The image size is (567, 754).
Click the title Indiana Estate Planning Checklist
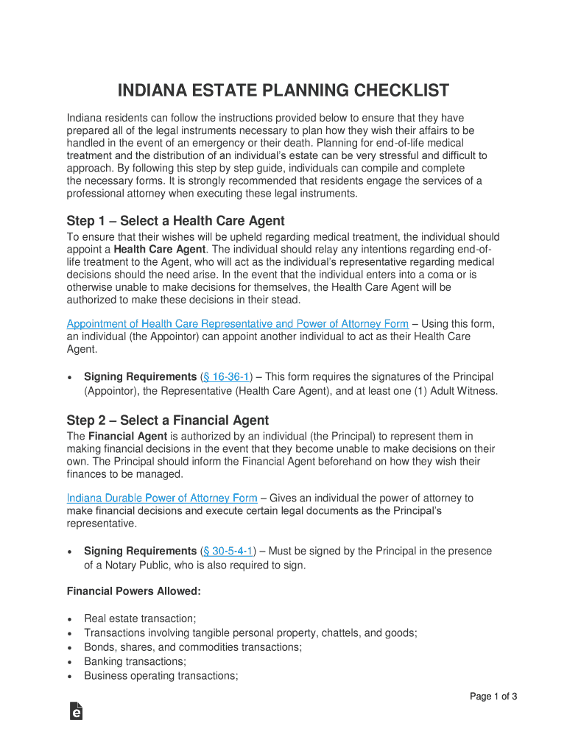(x=283, y=91)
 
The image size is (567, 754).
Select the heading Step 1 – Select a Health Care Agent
(x=175, y=221)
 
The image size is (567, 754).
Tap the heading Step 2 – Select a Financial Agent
(x=168, y=420)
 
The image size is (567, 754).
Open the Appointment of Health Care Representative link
(x=237, y=324)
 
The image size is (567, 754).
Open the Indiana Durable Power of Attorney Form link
(x=162, y=498)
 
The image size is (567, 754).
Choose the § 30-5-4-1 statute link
(x=229, y=552)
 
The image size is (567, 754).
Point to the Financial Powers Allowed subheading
(x=134, y=591)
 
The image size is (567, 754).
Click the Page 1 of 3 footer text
(x=494, y=697)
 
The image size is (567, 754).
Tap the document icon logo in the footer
(x=76, y=711)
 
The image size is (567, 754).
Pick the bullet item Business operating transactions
(x=161, y=676)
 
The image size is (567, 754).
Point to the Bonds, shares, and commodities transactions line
(x=193, y=648)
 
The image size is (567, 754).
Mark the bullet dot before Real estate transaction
(x=69, y=620)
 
